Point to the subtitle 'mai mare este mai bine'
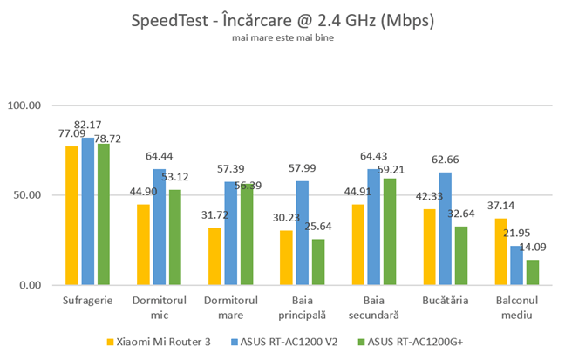pos(282,38)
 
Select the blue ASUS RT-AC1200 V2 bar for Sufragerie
pos(87,211)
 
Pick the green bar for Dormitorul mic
pos(174,237)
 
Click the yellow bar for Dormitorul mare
pos(214,256)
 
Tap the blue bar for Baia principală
pos(302,233)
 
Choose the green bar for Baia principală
pos(317,262)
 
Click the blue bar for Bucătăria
pos(445,228)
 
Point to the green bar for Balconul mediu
pos(532,272)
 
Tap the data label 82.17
pos(88,125)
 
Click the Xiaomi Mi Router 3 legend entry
pos(163,341)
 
